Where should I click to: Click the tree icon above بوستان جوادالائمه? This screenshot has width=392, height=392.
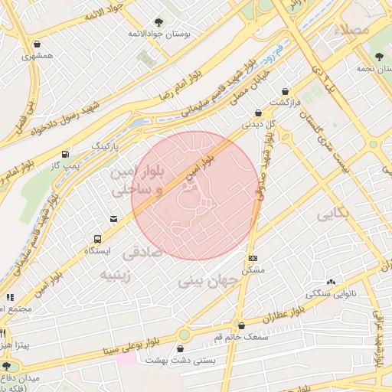tap(158, 22)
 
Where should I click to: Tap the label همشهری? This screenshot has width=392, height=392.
tap(38, 56)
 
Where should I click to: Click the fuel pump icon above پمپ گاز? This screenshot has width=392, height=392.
tap(64, 153)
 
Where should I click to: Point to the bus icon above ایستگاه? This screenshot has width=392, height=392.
tap(97, 239)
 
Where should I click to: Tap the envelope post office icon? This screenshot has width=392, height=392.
tap(114, 220)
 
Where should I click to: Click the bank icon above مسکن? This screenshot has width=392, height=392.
tap(253, 258)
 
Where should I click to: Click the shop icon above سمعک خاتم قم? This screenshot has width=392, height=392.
tap(241, 326)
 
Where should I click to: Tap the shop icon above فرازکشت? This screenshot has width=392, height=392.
tap(286, 91)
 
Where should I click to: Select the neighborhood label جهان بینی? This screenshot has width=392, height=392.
tap(209, 281)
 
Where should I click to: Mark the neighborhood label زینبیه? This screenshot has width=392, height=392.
tap(116, 275)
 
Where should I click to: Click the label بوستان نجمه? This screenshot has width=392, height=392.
tap(377, 69)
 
